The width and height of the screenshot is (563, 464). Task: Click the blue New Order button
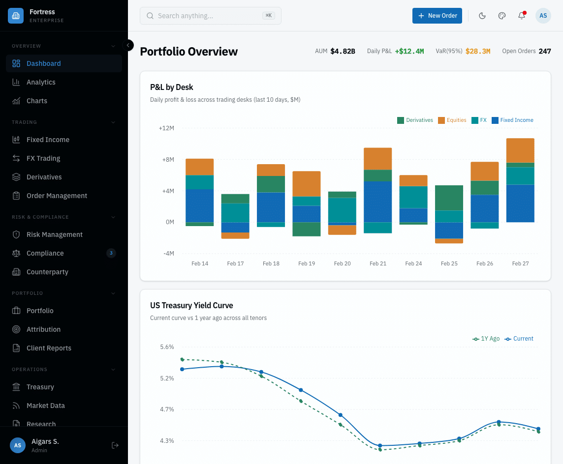click(437, 16)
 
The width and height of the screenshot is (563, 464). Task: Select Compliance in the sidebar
click(45, 253)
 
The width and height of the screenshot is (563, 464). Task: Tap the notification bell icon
click(522, 16)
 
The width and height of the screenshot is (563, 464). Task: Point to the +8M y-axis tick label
click(166, 159)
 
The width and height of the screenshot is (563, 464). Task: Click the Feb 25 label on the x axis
click(449, 263)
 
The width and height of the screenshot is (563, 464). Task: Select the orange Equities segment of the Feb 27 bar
click(520, 150)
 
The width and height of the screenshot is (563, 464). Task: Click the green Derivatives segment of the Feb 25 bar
click(449, 198)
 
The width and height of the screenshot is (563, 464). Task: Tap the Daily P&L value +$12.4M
click(409, 51)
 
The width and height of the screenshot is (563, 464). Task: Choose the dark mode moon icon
click(482, 16)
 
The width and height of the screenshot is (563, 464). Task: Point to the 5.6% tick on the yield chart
click(167, 347)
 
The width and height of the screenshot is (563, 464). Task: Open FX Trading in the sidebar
click(43, 158)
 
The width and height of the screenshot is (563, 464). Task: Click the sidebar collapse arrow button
click(128, 45)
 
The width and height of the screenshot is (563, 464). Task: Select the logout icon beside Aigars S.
click(115, 445)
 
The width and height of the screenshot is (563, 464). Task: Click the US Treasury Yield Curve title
click(191, 305)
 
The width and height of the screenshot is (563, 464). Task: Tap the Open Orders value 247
click(544, 51)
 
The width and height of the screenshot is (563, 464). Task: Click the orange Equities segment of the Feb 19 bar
click(307, 183)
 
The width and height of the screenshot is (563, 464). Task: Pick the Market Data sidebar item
click(46, 406)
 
